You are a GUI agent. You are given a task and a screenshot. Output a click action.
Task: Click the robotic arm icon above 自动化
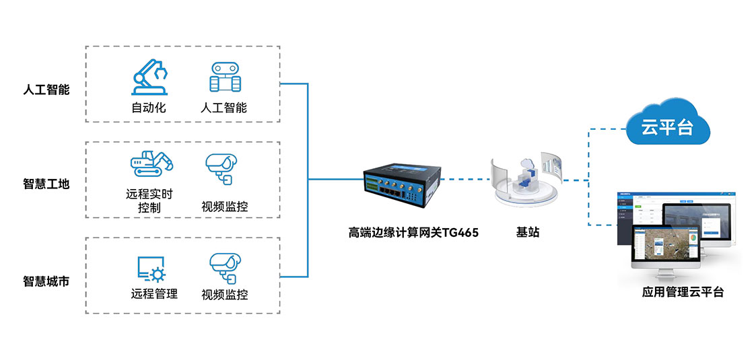[x=149, y=77]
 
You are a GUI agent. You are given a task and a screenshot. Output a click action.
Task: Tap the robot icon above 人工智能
[x=225, y=77]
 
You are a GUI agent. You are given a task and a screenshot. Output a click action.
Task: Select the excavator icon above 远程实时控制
[x=151, y=163]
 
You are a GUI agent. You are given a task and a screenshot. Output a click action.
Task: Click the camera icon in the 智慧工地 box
[x=221, y=168]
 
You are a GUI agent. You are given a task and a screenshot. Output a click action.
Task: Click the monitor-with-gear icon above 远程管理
[x=151, y=268]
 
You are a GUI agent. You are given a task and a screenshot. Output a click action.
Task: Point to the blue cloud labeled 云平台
[x=667, y=122]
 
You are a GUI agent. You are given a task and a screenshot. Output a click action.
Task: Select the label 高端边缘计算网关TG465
[x=413, y=233]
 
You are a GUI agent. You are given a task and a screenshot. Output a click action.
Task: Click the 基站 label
[x=528, y=233]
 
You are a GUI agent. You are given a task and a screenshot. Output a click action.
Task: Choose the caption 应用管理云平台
[x=683, y=292]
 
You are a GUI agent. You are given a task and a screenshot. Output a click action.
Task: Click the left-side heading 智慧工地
[x=46, y=184]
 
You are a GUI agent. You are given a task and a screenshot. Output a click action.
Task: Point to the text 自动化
[x=149, y=107]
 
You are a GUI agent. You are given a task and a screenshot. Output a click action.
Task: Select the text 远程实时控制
[x=149, y=201]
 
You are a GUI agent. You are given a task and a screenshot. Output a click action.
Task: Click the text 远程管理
[x=154, y=293]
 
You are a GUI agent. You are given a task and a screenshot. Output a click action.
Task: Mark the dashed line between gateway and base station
[x=465, y=180]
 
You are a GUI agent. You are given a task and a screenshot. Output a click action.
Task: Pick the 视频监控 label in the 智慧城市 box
[x=225, y=294]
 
